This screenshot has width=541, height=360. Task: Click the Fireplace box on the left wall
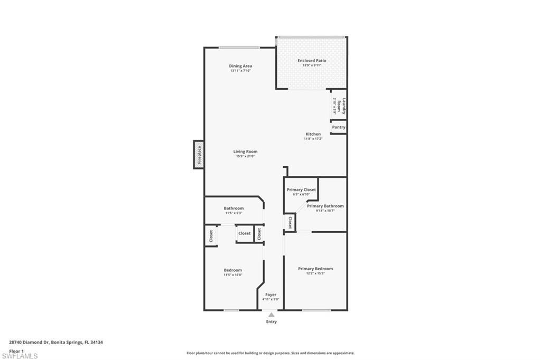click(x=199, y=155)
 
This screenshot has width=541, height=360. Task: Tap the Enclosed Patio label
click(x=312, y=61)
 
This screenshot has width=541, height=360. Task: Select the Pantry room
click(x=339, y=127)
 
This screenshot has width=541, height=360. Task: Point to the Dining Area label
click(x=240, y=66)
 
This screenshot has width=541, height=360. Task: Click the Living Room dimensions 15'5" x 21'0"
click(x=245, y=156)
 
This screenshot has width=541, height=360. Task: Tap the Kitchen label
click(x=313, y=134)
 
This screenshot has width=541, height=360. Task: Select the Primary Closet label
click(x=301, y=190)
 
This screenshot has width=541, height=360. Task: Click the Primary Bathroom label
click(x=325, y=206)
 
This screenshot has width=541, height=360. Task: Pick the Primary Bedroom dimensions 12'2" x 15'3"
click(x=315, y=273)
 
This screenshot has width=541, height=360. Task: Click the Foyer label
click(x=270, y=295)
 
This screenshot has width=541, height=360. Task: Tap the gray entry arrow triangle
click(x=271, y=315)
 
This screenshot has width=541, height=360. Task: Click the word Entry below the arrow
click(x=271, y=321)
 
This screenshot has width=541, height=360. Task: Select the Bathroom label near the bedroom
click(x=234, y=208)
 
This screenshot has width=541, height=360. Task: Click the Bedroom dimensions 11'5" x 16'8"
click(x=233, y=275)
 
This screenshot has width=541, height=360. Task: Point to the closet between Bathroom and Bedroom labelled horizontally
click(x=244, y=233)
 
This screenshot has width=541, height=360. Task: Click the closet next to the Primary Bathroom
click(x=290, y=222)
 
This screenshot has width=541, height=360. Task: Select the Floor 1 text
click(x=16, y=350)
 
